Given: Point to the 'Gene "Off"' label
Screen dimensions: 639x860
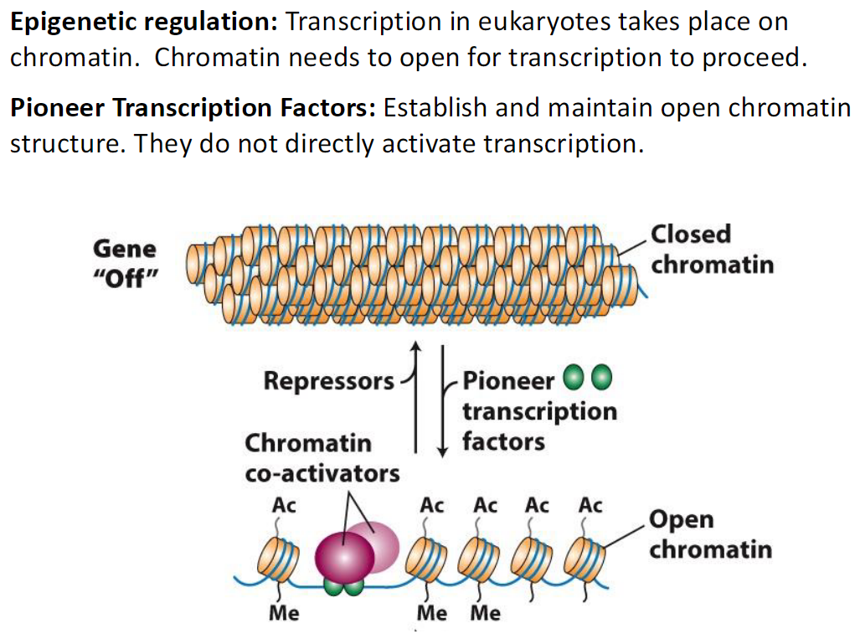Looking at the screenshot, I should [124, 263].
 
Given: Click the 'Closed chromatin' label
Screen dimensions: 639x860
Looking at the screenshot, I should [712, 249].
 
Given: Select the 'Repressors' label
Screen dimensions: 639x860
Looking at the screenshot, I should [328, 381].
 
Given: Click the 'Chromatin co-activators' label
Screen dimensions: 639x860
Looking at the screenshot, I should [322, 457].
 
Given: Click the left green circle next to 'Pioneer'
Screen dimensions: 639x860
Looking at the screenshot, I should [574, 379].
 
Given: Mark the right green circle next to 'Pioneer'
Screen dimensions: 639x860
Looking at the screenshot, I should [601, 379].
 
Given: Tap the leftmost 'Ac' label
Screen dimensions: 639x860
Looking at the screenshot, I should [284, 506].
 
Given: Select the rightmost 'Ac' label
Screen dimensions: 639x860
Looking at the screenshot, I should [590, 506].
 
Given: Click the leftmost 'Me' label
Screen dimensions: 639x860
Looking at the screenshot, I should [284, 613].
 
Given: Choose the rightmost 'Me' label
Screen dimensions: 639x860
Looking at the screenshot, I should [485, 613].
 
